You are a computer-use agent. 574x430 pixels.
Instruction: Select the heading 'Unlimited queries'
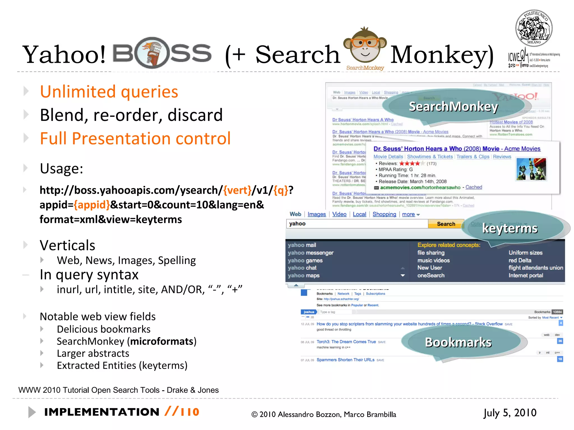tap(109, 92)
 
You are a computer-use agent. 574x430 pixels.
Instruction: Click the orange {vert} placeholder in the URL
tap(237, 190)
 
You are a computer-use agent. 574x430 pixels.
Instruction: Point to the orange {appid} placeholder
tap(92, 205)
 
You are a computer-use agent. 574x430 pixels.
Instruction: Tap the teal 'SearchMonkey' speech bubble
tap(453, 107)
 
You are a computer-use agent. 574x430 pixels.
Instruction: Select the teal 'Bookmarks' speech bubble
tap(458, 342)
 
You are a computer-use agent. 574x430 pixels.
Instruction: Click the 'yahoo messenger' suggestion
tap(311, 253)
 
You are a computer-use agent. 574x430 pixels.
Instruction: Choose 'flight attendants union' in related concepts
tap(536, 268)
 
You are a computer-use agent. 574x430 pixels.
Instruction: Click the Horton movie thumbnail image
tap(531, 169)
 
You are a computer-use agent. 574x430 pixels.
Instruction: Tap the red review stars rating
tap(410, 163)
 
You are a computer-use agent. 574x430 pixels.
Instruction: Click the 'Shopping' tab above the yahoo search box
tap(384, 214)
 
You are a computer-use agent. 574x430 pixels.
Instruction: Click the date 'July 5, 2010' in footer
tap(510, 413)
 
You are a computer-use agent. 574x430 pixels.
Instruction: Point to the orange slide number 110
tap(189, 412)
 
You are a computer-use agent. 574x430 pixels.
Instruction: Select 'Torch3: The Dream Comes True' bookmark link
tap(346, 342)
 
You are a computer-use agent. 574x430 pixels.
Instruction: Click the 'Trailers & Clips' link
tap(473, 157)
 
